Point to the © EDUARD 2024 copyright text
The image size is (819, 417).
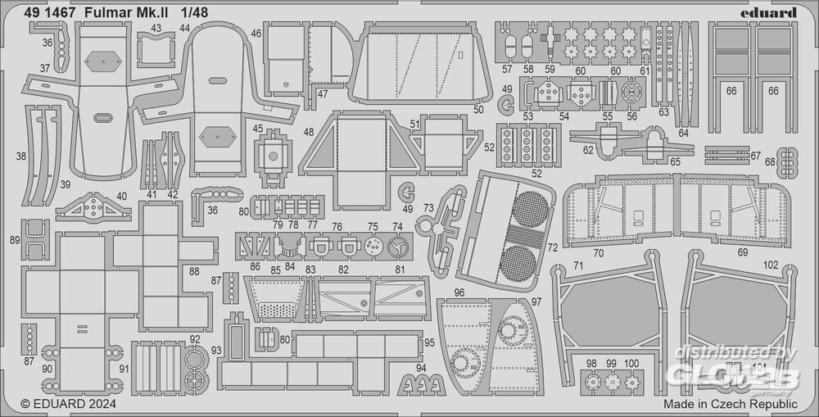(x=69, y=404)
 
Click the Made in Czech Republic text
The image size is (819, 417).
(x=731, y=404)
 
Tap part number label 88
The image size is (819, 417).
(x=194, y=271)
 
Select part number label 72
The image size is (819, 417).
(x=552, y=247)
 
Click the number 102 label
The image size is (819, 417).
(x=770, y=265)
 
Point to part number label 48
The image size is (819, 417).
(x=308, y=132)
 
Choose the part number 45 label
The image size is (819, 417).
(x=258, y=129)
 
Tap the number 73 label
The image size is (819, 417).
(x=428, y=209)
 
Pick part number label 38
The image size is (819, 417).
(x=20, y=154)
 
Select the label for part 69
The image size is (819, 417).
(x=742, y=252)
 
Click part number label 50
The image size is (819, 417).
(x=478, y=109)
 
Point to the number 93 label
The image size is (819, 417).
(x=216, y=351)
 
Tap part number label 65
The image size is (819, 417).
(x=675, y=161)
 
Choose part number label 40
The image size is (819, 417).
(x=122, y=196)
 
